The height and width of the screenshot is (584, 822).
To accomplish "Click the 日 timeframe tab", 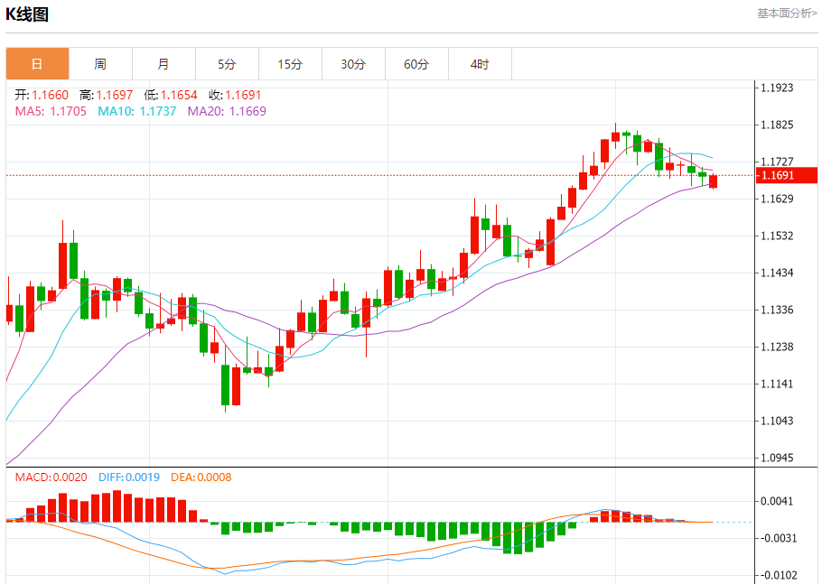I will pyautogui.click(x=37, y=64).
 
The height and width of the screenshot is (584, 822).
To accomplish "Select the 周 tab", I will pyautogui.click(x=100, y=64).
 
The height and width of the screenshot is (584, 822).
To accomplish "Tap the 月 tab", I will pyautogui.click(x=163, y=64).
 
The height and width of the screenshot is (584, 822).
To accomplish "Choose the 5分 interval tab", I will pyautogui.click(x=227, y=64).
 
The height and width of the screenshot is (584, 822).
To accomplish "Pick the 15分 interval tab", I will pyautogui.click(x=290, y=64).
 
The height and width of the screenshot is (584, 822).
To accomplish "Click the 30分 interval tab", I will pyautogui.click(x=353, y=64).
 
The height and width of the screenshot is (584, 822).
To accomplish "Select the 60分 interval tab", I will pyautogui.click(x=416, y=64).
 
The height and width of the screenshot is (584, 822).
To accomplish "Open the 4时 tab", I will pyautogui.click(x=480, y=64).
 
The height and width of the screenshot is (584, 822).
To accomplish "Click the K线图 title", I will pyautogui.click(x=27, y=14).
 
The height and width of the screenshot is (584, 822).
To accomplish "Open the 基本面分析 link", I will pyautogui.click(x=786, y=14).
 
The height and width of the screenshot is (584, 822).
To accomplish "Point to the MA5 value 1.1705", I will pyautogui.click(x=68, y=111).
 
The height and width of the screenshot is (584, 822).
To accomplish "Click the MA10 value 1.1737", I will pyautogui.click(x=158, y=111).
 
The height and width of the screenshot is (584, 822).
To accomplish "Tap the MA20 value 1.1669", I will pyautogui.click(x=248, y=111).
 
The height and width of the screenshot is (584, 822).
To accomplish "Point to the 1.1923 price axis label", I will pyautogui.click(x=777, y=88).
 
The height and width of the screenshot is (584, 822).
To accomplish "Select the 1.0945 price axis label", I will pyautogui.click(x=777, y=458).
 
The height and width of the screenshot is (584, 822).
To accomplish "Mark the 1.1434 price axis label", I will pyautogui.click(x=777, y=273).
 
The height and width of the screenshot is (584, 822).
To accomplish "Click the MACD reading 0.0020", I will pyautogui.click(x=69, y=477).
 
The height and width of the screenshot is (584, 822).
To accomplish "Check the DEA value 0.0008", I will pyautogui.click(x=213, y=477).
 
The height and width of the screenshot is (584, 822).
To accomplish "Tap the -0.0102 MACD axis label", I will pyautogui.click(x=777, y=575).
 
